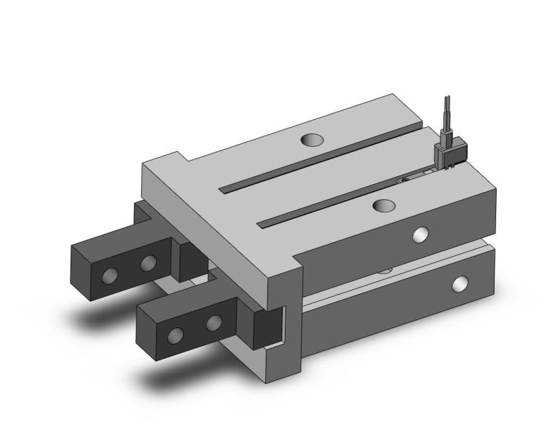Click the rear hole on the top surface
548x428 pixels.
pos(311,140)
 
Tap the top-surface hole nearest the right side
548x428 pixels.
pos(384,205)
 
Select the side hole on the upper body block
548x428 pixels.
pos(420,234)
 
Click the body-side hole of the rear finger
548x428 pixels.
pos(148,264)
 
